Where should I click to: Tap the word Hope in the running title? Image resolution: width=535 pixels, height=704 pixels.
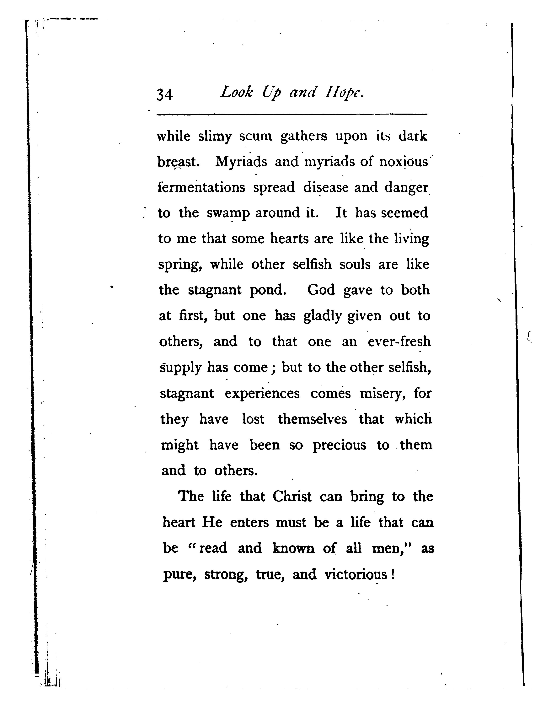[x=344, y=93]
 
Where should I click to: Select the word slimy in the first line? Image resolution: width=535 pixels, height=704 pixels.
[x=215, y=137]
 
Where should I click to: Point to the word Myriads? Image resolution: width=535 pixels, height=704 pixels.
[x=241, y=162]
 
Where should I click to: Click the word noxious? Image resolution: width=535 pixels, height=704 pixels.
[x=404, y=162]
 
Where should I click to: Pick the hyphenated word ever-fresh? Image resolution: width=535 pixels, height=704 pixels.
[x=399, y=342]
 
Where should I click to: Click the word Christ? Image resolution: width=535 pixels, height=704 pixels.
[x=292, y=497]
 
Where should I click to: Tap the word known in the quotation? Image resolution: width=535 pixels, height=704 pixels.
[x=293, y=548]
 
